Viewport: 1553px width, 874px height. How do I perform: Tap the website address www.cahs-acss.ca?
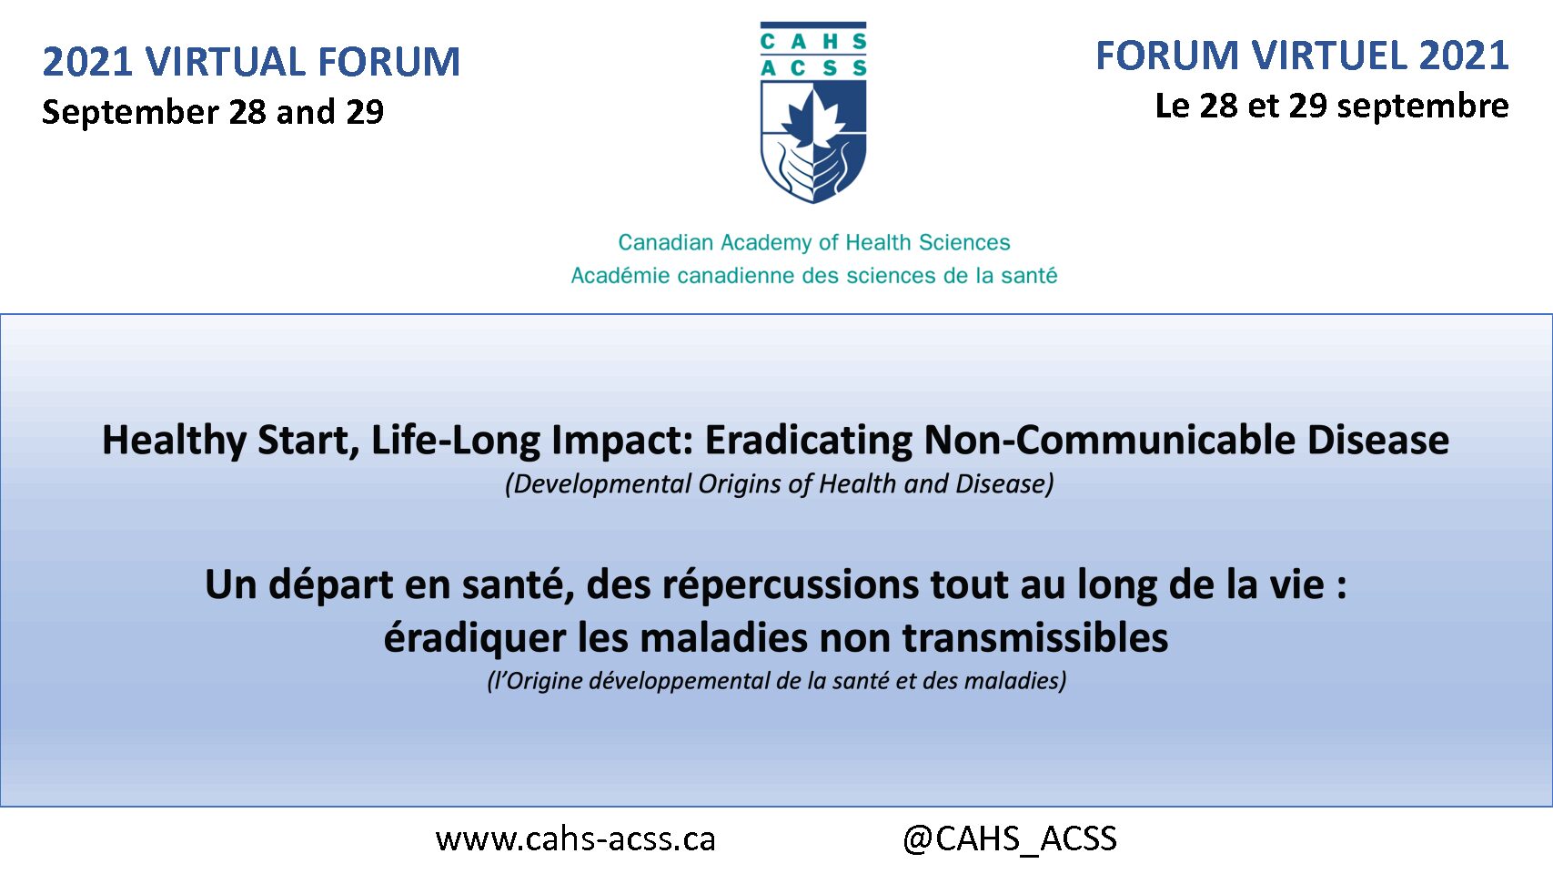(x=576, y=838)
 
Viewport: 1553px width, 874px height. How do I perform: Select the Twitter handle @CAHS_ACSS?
(x=1010, y=838)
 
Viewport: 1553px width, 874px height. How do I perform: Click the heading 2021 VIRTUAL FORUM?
(x=251, y=61)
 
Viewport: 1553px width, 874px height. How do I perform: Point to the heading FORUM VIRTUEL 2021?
(x=1302, y=56)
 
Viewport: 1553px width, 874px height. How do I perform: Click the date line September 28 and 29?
(x=213, y=112)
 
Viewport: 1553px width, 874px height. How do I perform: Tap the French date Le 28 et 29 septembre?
(x=1332, y=107)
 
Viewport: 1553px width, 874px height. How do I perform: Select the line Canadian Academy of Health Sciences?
(x=814, y=242)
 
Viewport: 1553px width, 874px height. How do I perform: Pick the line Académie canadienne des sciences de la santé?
(x=814, y=275)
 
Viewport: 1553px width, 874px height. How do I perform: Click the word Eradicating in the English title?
(x=809, y=440)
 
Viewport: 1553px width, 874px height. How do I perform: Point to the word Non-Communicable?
(x=1110, y=440)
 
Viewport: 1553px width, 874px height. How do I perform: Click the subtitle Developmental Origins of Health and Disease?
(x=780, y=483)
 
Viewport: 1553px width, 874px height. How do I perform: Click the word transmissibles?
(x=1035, y=638)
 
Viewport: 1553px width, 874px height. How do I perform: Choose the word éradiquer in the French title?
(x=475, y=638)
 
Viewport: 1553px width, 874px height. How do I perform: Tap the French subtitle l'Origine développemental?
(x=777, y=680)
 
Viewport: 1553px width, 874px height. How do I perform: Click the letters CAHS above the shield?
(x=813, y=41)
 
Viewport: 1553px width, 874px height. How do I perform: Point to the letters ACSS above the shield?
(x=813, y=68)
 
